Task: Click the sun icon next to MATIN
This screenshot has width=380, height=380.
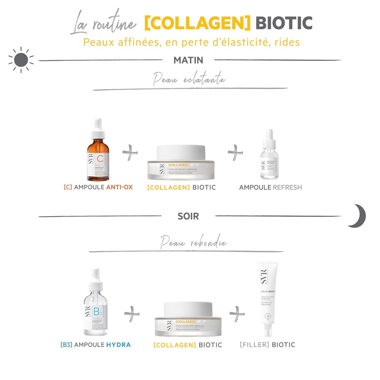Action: coord(21,60)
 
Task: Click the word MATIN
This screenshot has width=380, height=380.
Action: coord(188,60)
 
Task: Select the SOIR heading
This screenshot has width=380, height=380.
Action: coord(188,216)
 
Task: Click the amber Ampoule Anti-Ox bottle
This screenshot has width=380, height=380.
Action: coord(98,152)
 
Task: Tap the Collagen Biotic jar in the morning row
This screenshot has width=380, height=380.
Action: coord(181,163)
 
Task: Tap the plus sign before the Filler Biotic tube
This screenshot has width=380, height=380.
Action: coord(237,313)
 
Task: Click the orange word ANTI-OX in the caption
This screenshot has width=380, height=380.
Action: coord(119,187)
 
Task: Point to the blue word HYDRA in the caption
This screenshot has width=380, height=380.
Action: coord(118,345)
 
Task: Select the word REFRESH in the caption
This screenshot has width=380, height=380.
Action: coord(287,187)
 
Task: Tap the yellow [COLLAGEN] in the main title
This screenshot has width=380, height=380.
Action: coord(197,23)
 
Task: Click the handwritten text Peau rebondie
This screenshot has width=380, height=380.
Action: coord(193,243)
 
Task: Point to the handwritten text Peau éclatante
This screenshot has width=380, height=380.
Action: coord(189,79)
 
